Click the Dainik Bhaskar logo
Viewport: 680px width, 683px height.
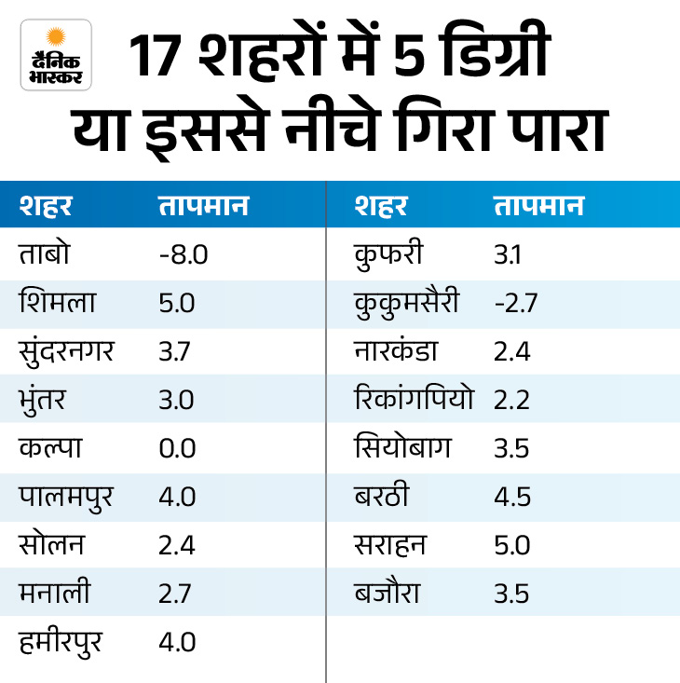point(56,55)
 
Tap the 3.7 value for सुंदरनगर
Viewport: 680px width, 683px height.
point(175,350)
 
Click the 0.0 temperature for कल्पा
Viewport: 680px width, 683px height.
point(177,447)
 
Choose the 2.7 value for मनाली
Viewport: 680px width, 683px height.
point(175,593)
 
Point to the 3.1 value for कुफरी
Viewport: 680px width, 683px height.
point(510,254)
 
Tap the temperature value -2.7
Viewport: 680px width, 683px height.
point(515,303)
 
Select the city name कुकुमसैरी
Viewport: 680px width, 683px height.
point(407,303)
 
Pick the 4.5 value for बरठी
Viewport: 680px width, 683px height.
point(511,496)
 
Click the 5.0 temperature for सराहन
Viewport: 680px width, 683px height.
point(511,544)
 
